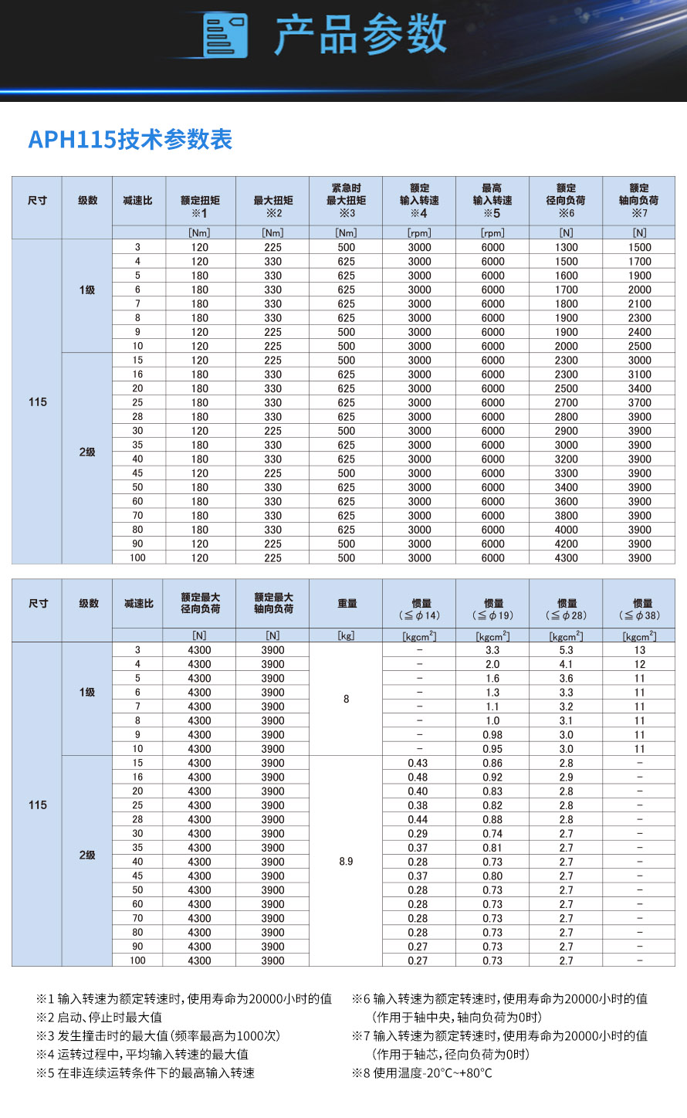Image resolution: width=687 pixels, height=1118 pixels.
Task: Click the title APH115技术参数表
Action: [x=130, y=140]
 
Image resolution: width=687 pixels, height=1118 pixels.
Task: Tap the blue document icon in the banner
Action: [x=225, y=36]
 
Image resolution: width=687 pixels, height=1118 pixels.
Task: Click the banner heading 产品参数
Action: [x=360, y=35]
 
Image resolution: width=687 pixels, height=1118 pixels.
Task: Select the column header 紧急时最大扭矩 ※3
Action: [x=346, y=201]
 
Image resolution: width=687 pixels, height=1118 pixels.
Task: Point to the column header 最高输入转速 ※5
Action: [x=492, y=201]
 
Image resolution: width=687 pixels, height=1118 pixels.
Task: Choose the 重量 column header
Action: [x=347, y=604]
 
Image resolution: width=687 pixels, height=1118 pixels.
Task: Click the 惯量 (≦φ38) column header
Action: [x=640, y=609]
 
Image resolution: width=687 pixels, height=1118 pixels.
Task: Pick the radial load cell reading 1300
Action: [x=566, y=248]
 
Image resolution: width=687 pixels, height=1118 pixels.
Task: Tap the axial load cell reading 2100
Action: [x=639, y=304]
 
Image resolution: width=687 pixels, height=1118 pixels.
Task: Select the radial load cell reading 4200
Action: [x=566, y=544]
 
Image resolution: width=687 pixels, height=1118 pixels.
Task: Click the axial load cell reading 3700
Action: [x=639, y=403]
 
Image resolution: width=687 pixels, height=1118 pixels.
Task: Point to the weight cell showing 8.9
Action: [x=346, y=862]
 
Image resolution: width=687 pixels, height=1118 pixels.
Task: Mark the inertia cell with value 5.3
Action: [x=566, y=650]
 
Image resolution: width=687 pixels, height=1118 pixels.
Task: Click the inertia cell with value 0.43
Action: [x=418, y=763]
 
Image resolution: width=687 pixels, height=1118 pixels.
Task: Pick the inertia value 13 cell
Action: [x=639, y=650]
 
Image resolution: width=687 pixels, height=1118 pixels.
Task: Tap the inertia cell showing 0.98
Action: [x=492, y=735]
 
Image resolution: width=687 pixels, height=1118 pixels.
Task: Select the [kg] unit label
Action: [x=346, y=636]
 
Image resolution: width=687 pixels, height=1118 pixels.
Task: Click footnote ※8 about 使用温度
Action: [x=422, y=1073]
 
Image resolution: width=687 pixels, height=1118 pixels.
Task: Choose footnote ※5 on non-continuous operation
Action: [x=146, y=1073]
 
